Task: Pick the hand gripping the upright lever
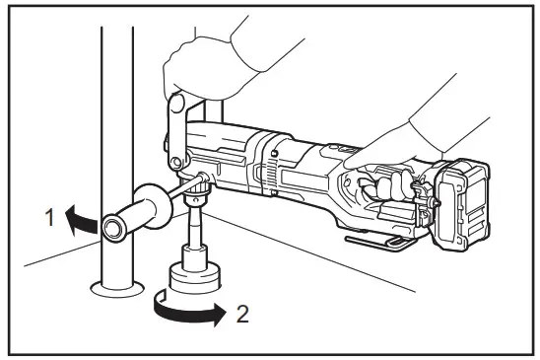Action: coord(202,59)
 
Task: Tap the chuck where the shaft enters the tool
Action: coord(198,186)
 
